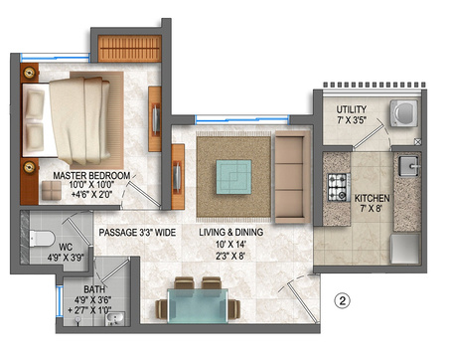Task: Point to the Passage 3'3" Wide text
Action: point(137,233)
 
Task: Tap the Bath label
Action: point(96,290)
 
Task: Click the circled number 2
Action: point(341,297)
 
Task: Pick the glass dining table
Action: point(198,305)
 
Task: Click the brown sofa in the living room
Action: point(289,179)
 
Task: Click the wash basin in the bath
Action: point(114,317)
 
